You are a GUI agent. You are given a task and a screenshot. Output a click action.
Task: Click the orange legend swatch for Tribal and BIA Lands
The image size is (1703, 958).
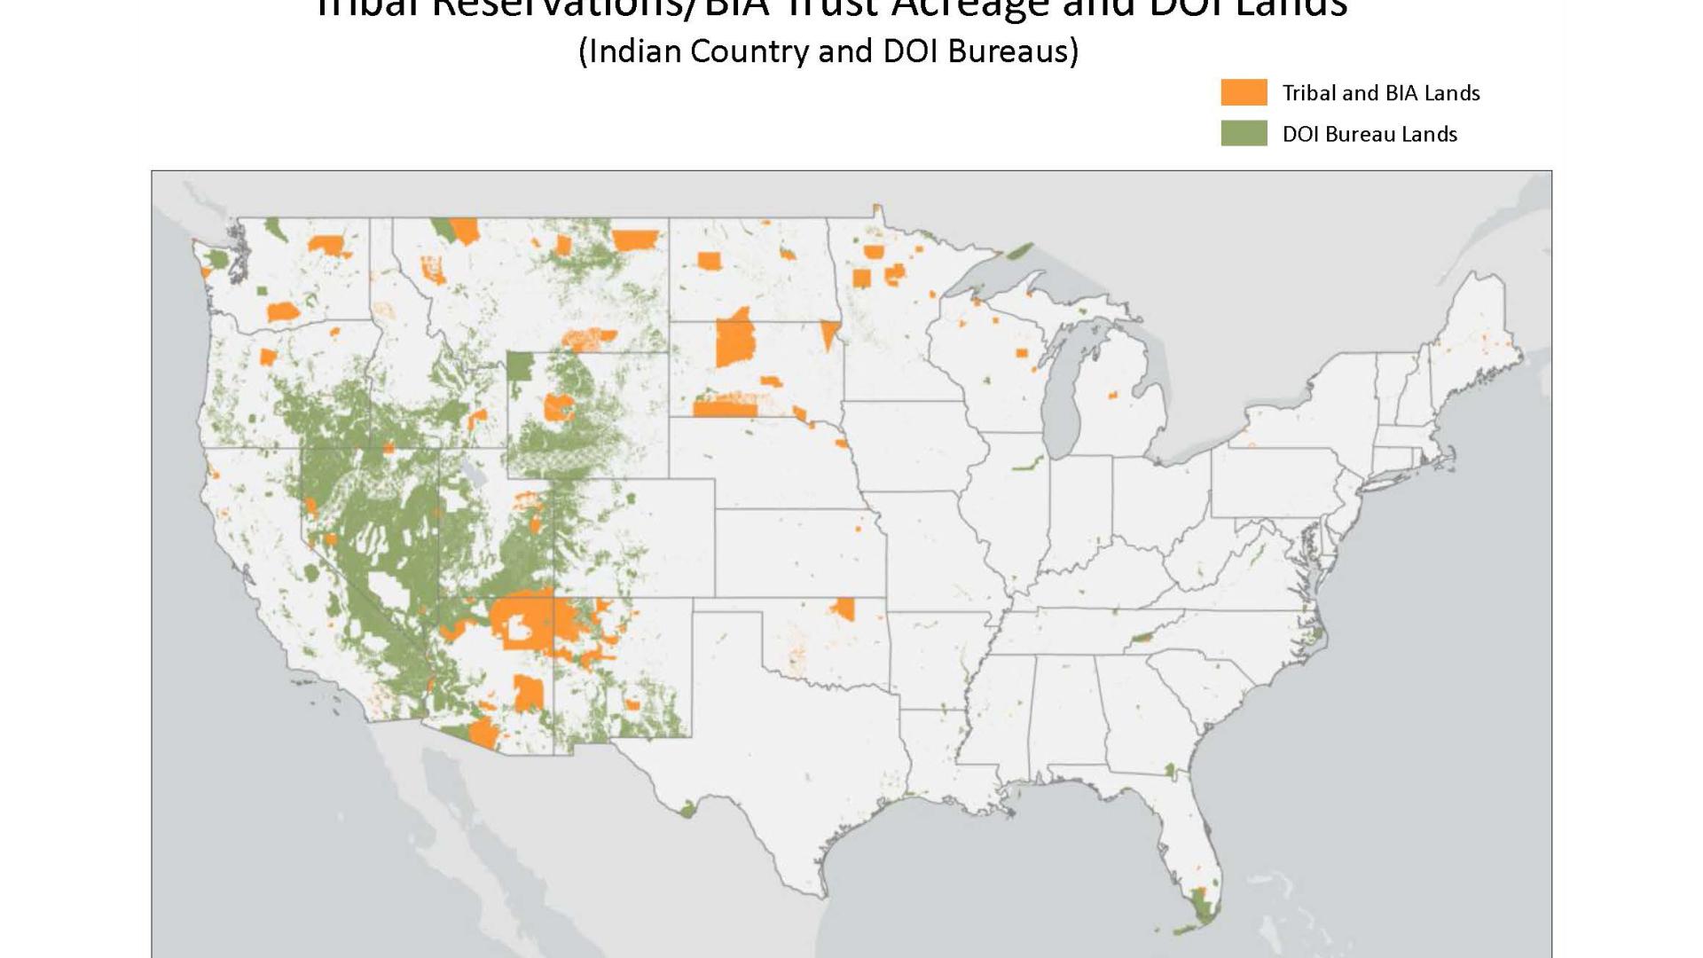coord(1244,92)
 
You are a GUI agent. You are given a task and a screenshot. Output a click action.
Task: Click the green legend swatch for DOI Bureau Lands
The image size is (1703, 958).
coord(1244,133)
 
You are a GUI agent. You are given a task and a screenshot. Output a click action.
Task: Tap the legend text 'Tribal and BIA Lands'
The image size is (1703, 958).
coord(1381,93)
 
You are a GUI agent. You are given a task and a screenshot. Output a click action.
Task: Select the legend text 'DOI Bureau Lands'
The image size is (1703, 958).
coord(1369,134)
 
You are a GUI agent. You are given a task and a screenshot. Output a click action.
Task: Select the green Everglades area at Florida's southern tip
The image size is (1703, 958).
coord(1204,909)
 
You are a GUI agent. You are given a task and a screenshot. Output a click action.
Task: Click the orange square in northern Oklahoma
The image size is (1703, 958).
coord(844,609)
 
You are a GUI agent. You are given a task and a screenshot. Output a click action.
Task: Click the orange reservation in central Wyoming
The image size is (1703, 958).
coord(559,407)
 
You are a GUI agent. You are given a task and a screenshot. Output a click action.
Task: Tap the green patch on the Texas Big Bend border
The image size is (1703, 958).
coord(688,808)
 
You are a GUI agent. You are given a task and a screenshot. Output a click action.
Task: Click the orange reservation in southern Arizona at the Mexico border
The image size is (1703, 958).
coord(484,734)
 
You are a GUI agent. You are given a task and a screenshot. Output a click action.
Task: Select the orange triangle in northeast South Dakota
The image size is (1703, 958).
coord(829,334)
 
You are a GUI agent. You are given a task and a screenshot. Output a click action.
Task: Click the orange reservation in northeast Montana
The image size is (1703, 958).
coord(635,239)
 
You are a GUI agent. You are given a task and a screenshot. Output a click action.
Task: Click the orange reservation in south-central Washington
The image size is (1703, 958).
coord(283,312)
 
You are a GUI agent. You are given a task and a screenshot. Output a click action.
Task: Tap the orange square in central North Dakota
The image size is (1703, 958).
coord(708,261)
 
